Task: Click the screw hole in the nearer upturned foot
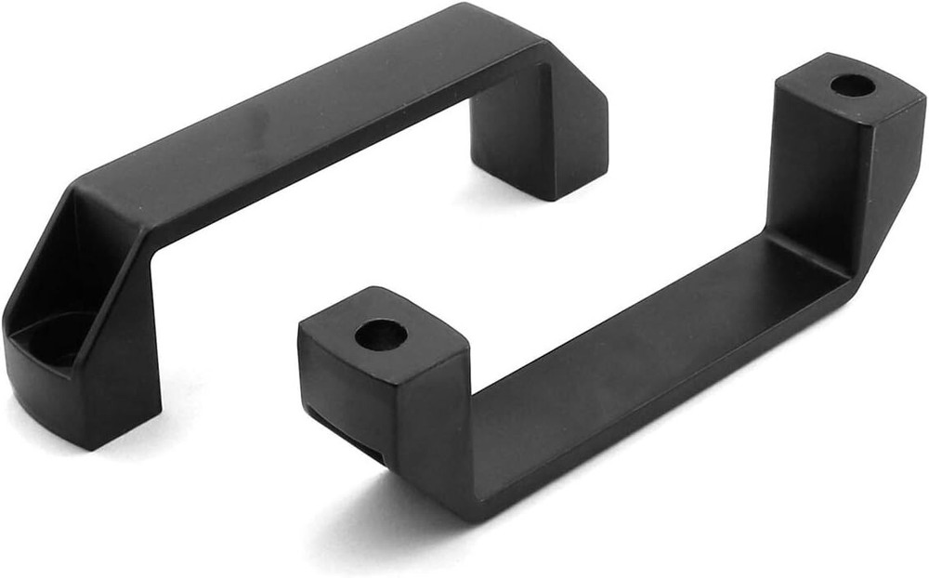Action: (381, 335)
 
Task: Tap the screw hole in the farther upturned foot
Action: (852, 86)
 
